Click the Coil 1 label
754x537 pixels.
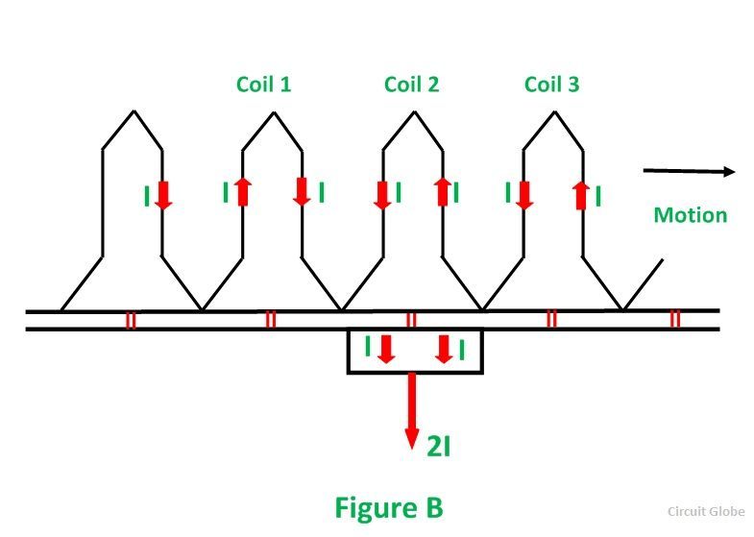tap(263, 85)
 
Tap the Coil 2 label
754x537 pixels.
tap(411, 85)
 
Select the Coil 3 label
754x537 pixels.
tap(551, 85)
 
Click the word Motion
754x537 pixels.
tap(690, 214)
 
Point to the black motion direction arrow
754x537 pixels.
tap(688, 172)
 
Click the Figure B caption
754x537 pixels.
tap(388, 506)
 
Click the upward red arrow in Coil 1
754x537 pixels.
tap(242, 192)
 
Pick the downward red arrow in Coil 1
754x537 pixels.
tap(302, 192)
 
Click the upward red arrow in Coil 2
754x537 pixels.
tap(443, 192)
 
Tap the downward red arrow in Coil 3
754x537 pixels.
tap(523, 194)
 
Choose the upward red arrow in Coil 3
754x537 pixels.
tap(582, 195)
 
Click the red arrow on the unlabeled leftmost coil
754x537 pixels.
tap(162, 195)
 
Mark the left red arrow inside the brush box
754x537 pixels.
tap(385, 349)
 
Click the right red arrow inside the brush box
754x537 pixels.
tap(444, 349)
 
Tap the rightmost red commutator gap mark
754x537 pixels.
tap(674, 320)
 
